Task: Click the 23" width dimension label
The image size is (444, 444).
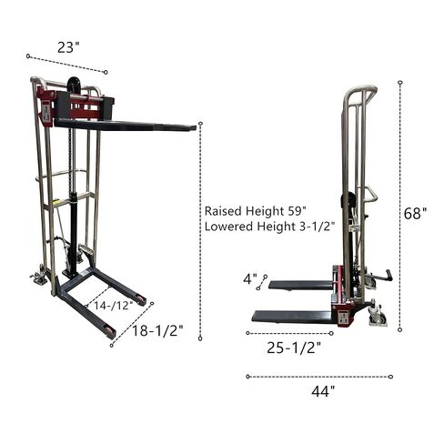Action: [68, 47]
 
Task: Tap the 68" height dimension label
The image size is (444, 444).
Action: [415, 213]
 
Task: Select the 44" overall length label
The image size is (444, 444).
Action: [323, 391]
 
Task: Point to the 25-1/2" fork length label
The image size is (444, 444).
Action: [294, 348]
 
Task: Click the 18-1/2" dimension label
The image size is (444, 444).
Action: [157, 330]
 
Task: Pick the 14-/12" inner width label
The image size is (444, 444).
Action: [113, 306]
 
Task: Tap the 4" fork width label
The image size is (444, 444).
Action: [250, 279]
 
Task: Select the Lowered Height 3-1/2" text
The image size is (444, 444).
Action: [269, 227]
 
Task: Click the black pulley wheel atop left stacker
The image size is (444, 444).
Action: [74, 86]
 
